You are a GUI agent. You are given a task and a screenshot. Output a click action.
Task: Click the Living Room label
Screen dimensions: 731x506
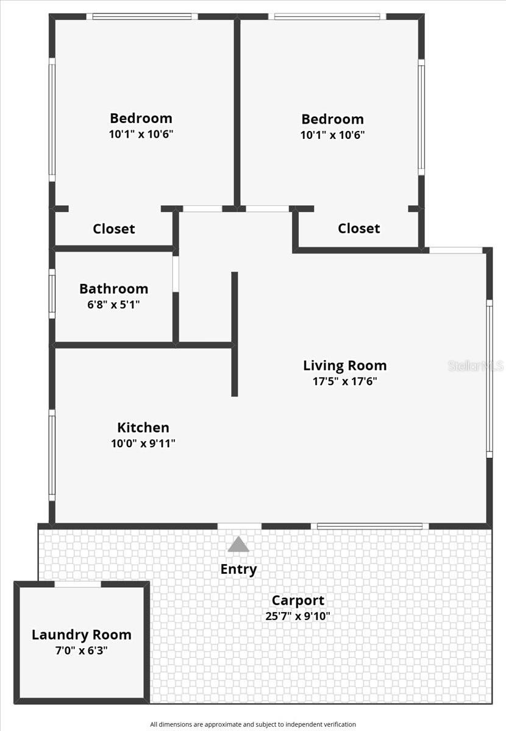coord(344,365)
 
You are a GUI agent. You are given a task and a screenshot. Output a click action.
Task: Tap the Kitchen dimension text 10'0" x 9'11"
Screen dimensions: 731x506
coord(143,443)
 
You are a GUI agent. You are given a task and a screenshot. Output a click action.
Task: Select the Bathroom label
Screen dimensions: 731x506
coord(113,289)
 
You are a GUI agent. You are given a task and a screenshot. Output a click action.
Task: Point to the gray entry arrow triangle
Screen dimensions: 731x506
coord(238,544)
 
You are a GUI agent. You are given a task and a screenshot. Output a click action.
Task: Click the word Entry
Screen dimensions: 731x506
coord(238,569)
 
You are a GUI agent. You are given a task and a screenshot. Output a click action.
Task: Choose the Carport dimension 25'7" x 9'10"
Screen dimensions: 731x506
coord(298,616)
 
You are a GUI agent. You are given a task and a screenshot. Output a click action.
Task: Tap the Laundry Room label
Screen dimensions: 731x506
coord(81,635)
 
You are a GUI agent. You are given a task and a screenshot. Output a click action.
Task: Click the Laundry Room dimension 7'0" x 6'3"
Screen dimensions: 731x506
coord(81,651)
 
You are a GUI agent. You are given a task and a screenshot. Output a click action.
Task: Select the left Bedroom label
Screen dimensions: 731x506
coord(141,118)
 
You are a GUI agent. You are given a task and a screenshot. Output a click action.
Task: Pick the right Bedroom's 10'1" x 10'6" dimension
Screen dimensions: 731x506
coord(332,135)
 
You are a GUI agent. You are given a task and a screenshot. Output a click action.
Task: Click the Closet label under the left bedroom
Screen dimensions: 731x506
coord(114,229)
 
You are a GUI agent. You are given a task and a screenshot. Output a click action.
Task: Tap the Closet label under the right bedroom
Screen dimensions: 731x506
coord(359,228)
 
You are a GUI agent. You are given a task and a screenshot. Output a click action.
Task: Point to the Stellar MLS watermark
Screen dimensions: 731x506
coord(476,365)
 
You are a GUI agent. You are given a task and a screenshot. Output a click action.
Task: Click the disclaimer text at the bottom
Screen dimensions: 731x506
coord(253,724)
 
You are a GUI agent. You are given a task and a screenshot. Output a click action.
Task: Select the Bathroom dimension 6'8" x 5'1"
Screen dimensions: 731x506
coord(113,304)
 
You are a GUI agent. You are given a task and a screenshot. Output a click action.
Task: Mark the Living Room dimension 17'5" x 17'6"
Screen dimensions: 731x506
coord(344,381)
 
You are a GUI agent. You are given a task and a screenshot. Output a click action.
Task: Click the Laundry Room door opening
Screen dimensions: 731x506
coord(78,585)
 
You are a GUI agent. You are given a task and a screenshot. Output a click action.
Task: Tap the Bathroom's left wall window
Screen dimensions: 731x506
coord(52,293)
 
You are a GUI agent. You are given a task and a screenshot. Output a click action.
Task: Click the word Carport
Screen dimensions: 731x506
coord(298,601)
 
